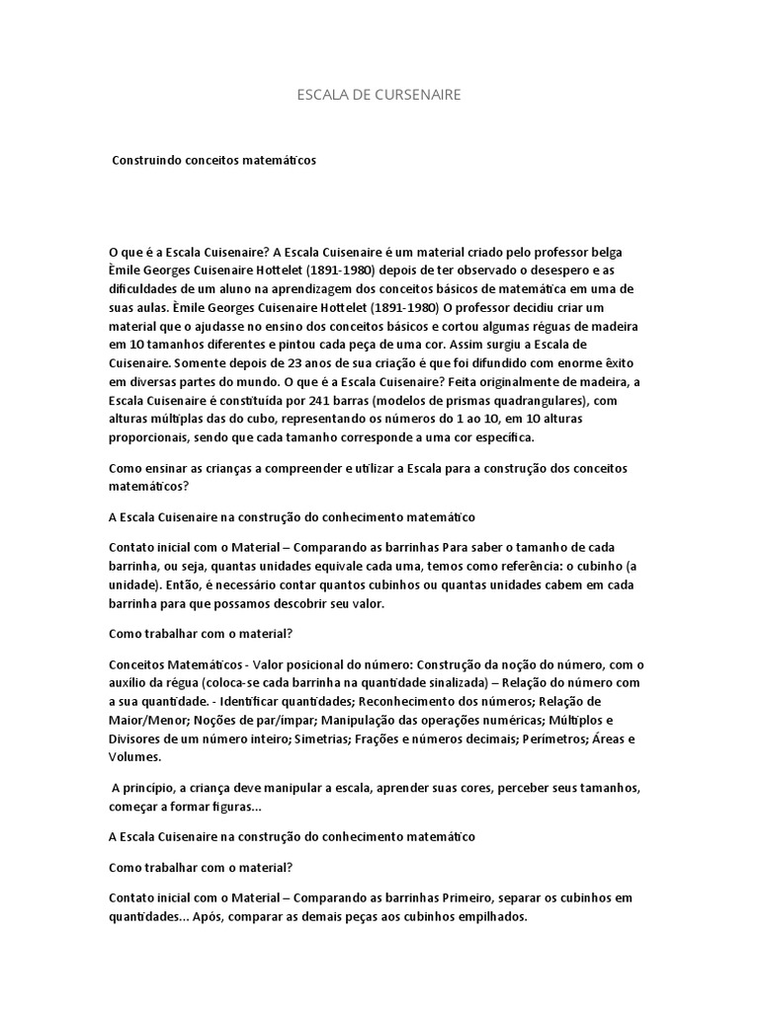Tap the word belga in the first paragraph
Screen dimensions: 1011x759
(x=605, y=252)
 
